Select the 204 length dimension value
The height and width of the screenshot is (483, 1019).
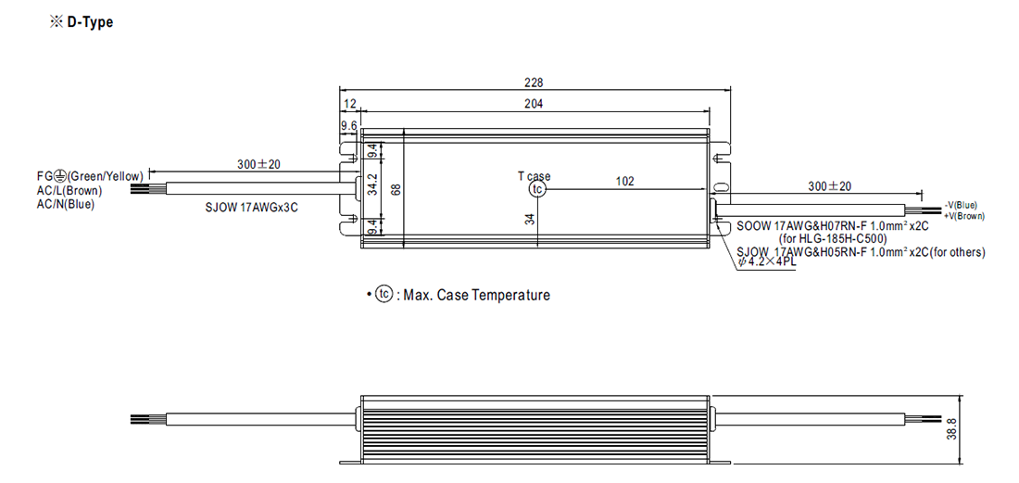(x=535, y=104)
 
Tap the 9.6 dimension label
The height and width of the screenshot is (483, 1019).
(x=348, y=125)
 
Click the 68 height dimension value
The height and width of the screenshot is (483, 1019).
(x=396, y=189)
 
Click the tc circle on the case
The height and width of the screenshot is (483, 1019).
(x=535, y=189)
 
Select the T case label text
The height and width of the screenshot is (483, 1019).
(x=534, y=176)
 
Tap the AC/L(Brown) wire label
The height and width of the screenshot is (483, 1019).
(x=69, y=191)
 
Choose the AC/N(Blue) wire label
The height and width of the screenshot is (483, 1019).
(x=66, y=205)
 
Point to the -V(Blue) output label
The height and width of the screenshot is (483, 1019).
(x=960, y=205)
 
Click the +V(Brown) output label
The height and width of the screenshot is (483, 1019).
(x=962, y=215)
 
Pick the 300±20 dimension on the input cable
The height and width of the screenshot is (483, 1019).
(x=258, y=164)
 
